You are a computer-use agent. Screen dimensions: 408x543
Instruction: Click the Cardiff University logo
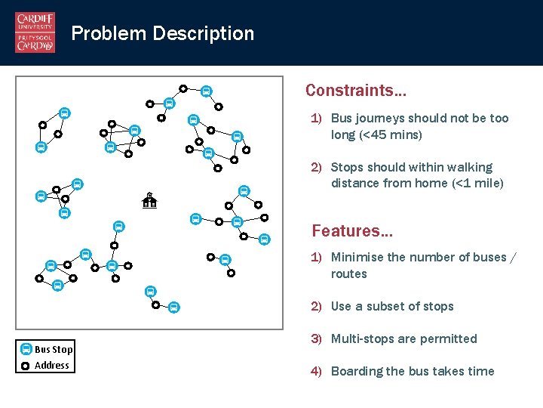click(35, 32)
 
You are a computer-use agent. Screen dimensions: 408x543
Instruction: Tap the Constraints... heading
click(356, 91)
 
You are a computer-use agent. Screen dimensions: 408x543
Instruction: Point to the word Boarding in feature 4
click(356, 371)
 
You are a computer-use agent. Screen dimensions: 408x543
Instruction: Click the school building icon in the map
click(149, 200)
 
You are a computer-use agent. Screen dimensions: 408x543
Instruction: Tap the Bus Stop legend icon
click(26, 349)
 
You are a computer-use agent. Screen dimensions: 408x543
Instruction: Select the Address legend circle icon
click(26, 366)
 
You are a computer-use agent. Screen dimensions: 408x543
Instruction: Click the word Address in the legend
click(52, 366)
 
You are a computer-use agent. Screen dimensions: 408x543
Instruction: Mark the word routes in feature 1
click(348, 274)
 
